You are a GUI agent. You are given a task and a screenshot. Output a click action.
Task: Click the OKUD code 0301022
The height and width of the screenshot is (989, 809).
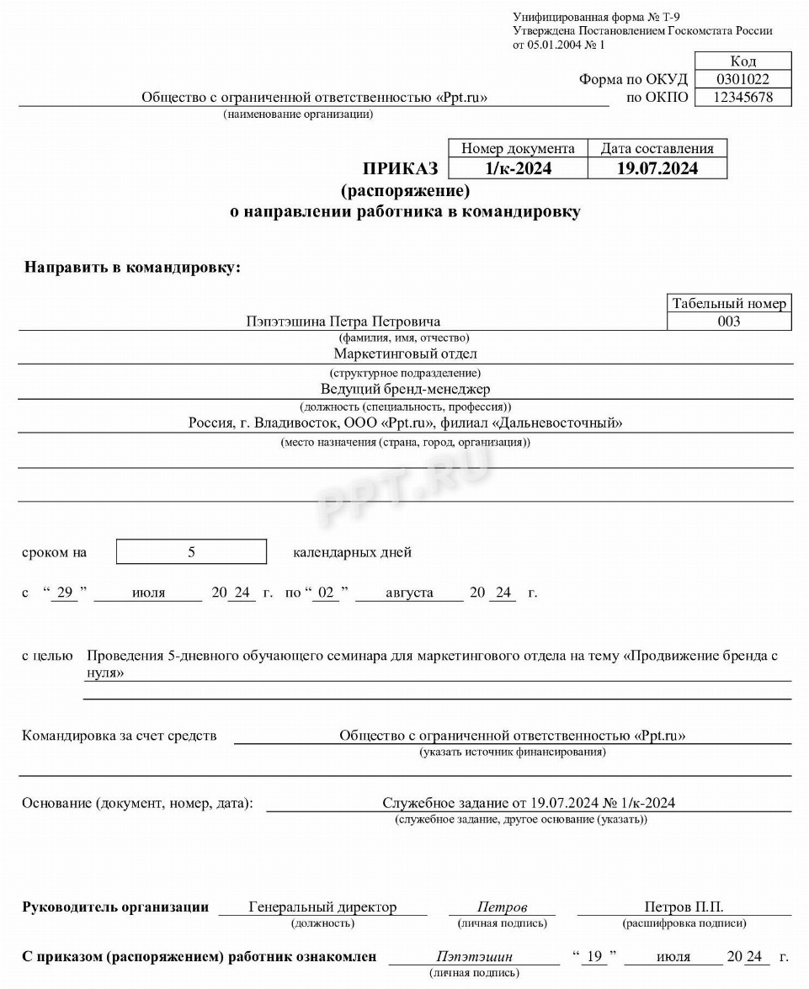pos(742,79)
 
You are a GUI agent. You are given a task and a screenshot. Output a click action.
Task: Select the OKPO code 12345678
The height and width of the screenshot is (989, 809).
pos(742,98)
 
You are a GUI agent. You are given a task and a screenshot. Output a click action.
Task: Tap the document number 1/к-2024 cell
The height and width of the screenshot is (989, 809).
pos(518,168)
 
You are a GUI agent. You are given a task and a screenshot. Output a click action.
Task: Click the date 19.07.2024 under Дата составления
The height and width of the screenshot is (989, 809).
pos(657,168)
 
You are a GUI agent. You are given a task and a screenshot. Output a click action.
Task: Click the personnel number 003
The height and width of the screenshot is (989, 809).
pos(729,322)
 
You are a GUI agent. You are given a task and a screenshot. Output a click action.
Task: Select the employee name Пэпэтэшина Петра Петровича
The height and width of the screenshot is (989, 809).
pos(343,322)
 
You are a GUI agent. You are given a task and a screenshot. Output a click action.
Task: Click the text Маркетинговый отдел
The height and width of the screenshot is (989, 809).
pos(405,354)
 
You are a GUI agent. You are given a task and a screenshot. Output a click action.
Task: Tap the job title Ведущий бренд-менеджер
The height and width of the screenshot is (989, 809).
pos(405,389)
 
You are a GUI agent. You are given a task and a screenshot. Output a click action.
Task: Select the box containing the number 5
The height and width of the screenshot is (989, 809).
pos(191,552)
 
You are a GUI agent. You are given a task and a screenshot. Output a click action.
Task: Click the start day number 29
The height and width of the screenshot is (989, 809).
pos(63,593)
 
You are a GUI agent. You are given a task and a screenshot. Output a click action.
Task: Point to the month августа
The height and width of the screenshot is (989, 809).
pos(409,593)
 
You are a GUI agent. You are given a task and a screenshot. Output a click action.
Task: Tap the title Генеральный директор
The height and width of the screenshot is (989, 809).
pos(322,907)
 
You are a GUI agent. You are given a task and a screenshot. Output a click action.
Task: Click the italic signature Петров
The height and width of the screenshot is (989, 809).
pos(502,907)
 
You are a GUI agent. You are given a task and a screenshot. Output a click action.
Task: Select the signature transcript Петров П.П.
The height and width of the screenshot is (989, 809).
pos(684,907)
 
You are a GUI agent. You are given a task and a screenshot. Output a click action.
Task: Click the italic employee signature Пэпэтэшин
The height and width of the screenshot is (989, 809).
pos(474,957)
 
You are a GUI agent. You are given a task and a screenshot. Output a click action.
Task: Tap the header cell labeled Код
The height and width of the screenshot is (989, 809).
pos(742,61)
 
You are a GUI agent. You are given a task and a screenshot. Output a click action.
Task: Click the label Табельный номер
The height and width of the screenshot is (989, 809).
pos(729,304)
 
